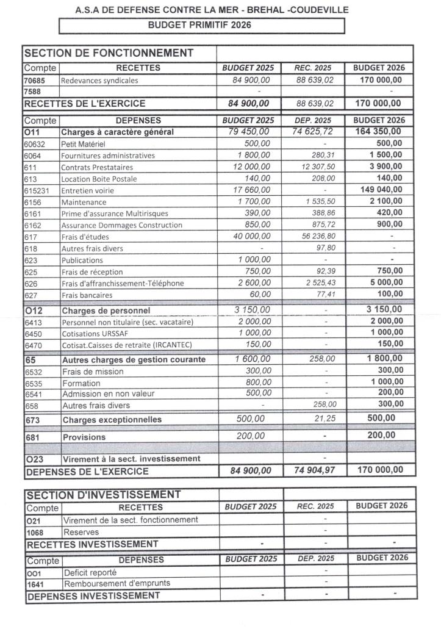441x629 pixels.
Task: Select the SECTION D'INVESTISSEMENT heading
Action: click(103, 494)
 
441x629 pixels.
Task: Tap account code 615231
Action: click(35, 190)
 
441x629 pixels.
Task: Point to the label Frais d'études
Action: click(83, 237)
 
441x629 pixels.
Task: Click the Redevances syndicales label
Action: click(99, 81)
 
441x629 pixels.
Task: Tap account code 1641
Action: click(36, 584)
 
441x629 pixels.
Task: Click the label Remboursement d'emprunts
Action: click(117, 583)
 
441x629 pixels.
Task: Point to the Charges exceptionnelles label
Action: click(112, 420)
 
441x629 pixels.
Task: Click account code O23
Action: click(35, 459)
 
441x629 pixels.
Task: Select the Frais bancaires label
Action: click(87, 295)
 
